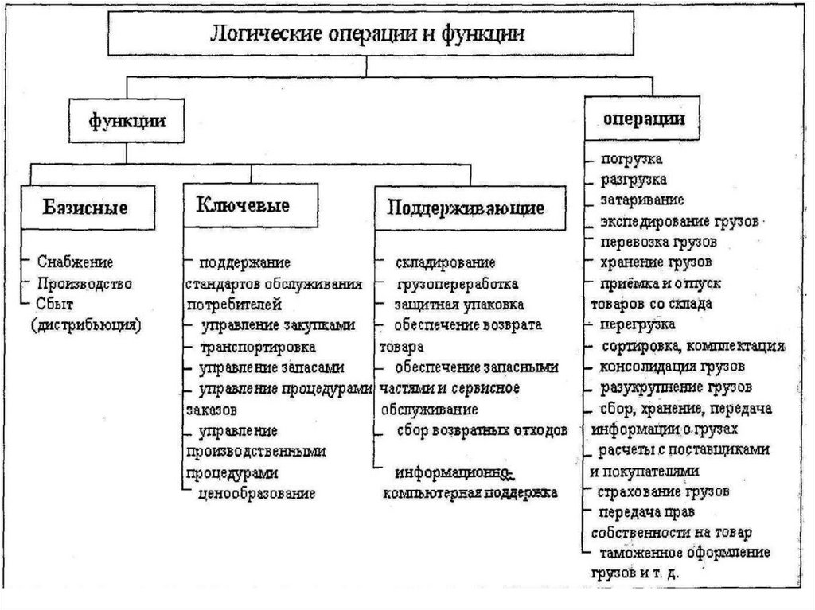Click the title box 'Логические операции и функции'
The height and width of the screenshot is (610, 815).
[366, 36]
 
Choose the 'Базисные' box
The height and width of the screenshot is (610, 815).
[85, 208]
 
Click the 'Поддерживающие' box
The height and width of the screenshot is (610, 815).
[466, 208]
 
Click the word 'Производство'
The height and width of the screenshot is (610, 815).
[84, 283]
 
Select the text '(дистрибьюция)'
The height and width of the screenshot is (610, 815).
[86, 324]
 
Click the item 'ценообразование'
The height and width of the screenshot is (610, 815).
[258, 493]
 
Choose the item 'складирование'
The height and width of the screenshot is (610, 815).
[446, 262]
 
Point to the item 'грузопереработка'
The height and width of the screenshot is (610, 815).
[458, 283]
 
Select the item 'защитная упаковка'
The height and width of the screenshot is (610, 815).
[459, 305]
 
